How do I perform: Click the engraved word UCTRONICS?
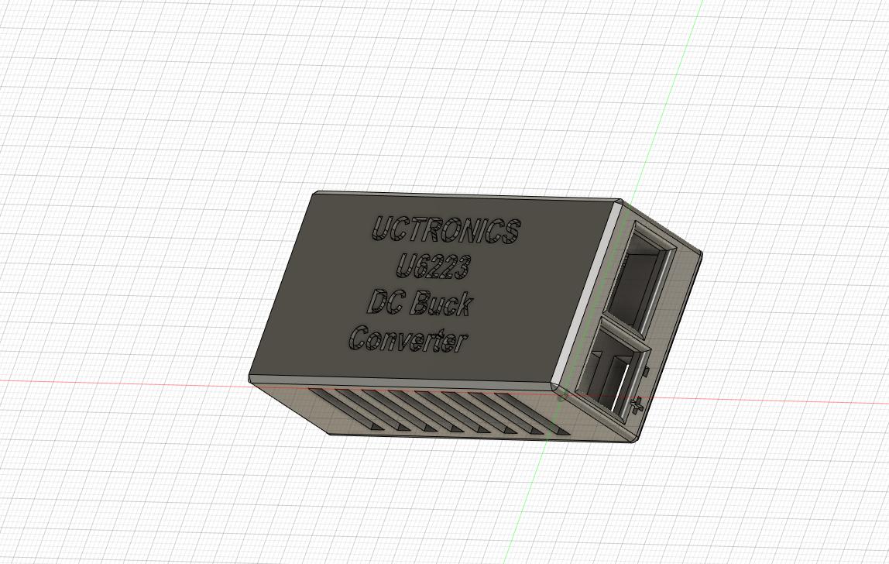click(x=447, y=230)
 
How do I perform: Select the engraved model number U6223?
click(x=433, y=267)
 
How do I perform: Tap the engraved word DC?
click(x=386, y=302)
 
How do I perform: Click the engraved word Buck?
click(x=440, y=304)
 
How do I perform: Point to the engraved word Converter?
click(x=408, y=340)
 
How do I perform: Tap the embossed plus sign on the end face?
click(x=637, y=404)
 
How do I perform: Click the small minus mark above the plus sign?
click(x=645, y=373)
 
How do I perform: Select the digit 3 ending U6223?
click(x=461, y=268)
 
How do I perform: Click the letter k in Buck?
click(x=462, y=304)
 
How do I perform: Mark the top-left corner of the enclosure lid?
click(x=314, y=194)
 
